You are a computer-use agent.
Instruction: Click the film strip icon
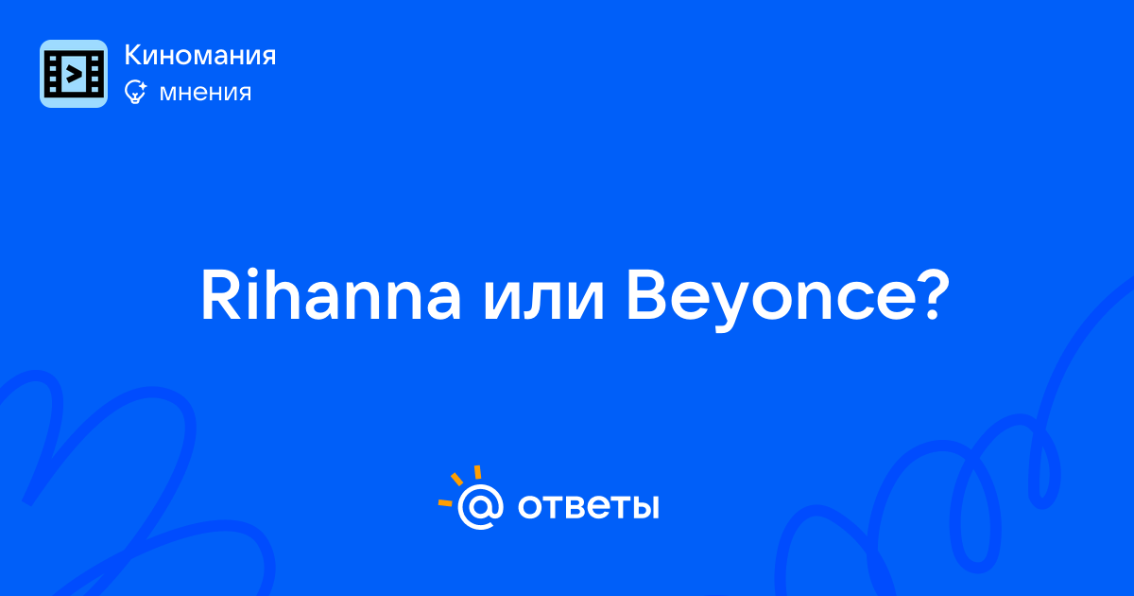[x=74, y=74]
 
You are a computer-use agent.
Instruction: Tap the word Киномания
[x=200, y=55]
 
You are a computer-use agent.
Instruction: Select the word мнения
[x=205, y=93]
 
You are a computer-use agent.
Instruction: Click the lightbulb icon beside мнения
[x=135, y=92]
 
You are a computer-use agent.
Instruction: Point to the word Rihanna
[x=332, y=295]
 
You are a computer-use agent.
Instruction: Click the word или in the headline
[x=543, y=302]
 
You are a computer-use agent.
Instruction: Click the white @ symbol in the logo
[x=480, y=507]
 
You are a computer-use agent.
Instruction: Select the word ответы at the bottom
[x=588, y=507]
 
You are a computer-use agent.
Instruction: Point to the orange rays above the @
[x=458, y=485]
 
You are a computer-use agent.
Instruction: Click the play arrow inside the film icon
[x=74, y=75]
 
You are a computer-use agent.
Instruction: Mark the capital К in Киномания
[x=133, y=55]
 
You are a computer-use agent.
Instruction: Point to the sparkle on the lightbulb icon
[x=142, y=86]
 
